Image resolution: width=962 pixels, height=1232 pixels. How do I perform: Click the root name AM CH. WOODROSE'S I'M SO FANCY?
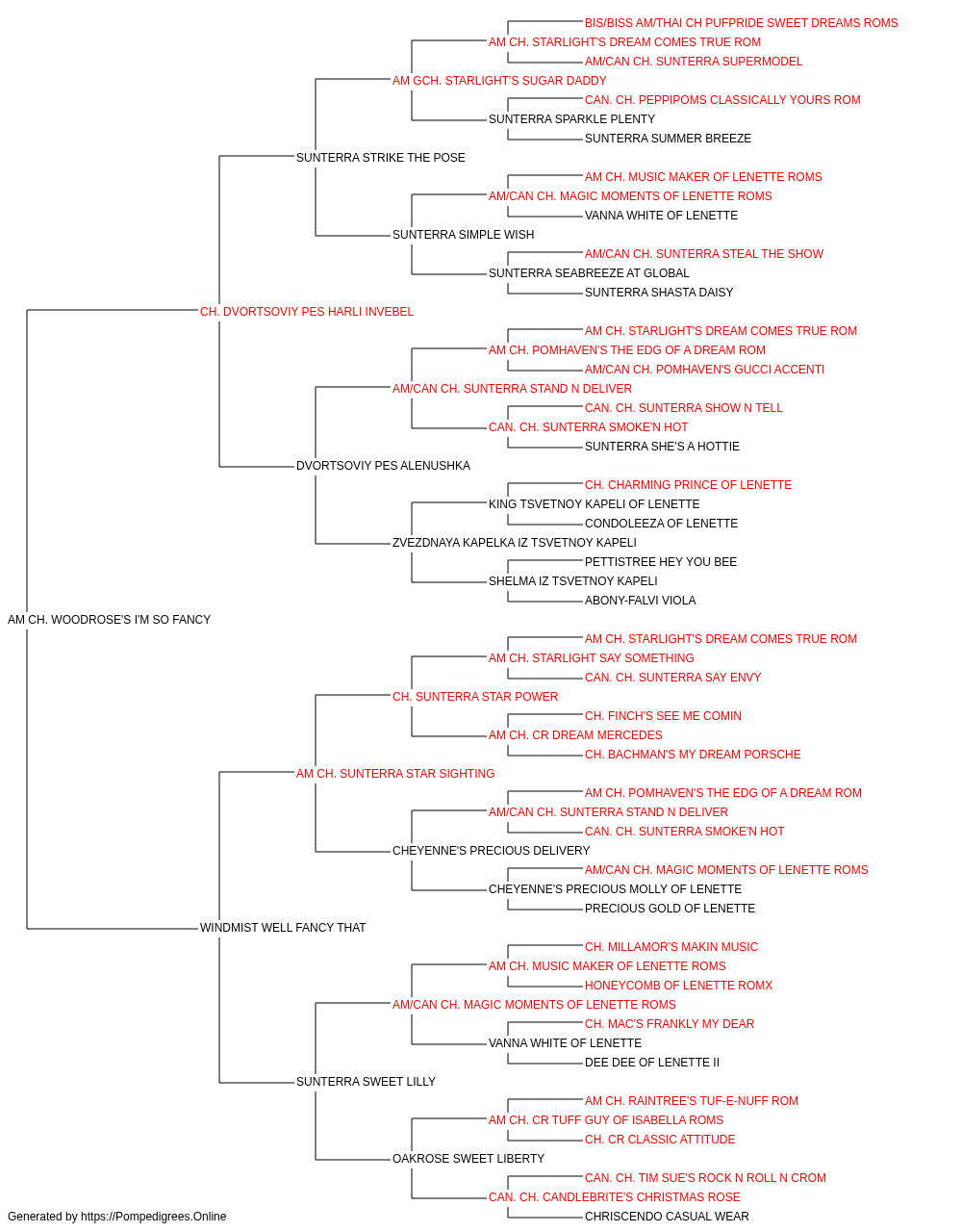[110, 620]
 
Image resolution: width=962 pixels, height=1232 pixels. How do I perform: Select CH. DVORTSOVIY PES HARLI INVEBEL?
[307, 312]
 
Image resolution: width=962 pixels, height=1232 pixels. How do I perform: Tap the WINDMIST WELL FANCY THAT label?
[283, 928]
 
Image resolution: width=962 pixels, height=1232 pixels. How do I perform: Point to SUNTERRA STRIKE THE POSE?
[380, 158]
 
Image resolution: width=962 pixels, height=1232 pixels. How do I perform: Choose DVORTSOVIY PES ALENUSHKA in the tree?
[383, 466]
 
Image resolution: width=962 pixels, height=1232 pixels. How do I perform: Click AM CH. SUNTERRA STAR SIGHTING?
[395, 773]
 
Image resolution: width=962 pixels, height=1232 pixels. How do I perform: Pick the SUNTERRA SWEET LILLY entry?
[366, 1081]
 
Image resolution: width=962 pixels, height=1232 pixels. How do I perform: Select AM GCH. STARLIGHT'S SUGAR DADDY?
[499, 81]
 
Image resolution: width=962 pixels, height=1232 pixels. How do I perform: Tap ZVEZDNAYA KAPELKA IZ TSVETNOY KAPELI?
[515, 543]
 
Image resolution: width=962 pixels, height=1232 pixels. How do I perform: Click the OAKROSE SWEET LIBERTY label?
[468, 1158]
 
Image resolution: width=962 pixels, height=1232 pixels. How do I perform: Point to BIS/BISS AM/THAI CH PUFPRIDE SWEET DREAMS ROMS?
[741, 23]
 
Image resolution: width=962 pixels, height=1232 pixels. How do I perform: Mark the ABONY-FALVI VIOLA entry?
[640, 601]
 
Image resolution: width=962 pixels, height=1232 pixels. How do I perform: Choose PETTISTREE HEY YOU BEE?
[661, 562]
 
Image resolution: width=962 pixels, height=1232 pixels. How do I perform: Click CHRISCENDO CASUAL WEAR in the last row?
[667, 1217]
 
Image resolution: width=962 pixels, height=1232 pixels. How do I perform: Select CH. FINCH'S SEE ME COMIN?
[663, 715]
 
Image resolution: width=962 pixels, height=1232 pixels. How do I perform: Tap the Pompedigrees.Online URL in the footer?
[153, 1217]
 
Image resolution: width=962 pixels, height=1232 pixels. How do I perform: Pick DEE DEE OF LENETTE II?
[652, 1062]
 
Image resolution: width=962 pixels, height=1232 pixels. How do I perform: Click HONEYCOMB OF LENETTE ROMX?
[679, 986]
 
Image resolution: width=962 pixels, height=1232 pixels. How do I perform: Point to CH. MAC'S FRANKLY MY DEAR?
[670, 1023]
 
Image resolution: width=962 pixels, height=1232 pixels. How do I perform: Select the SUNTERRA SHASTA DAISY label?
[659, 293]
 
